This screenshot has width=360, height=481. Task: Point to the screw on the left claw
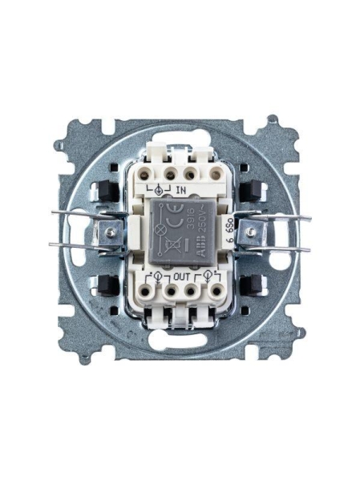109,232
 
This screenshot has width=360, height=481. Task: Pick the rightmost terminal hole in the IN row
214,172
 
